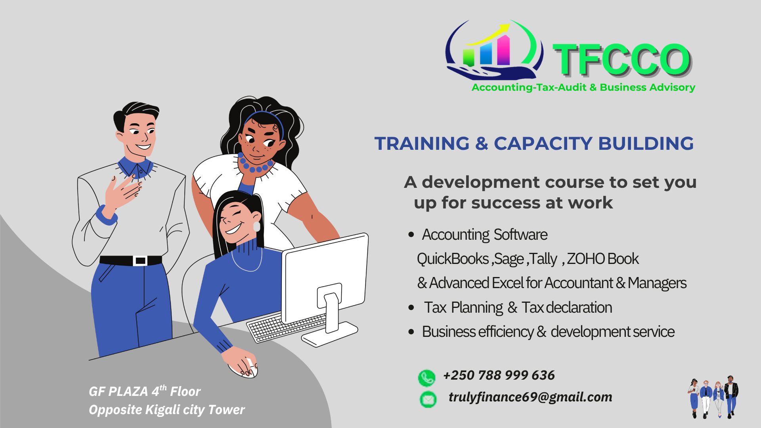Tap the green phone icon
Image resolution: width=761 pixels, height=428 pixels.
427,378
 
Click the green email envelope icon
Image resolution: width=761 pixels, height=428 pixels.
428,399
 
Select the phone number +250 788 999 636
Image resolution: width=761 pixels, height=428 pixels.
499,375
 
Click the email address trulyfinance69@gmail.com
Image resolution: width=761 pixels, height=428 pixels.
530,397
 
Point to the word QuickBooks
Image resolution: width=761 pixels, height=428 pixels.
453,259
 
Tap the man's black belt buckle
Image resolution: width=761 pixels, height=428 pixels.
140,261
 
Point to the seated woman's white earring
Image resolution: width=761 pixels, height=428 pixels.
256,226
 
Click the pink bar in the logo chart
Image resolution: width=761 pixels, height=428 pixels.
503,50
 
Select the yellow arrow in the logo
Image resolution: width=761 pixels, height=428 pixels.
487,35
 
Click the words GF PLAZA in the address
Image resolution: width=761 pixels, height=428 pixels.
118,392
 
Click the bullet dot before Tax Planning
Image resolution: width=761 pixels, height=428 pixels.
411,308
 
